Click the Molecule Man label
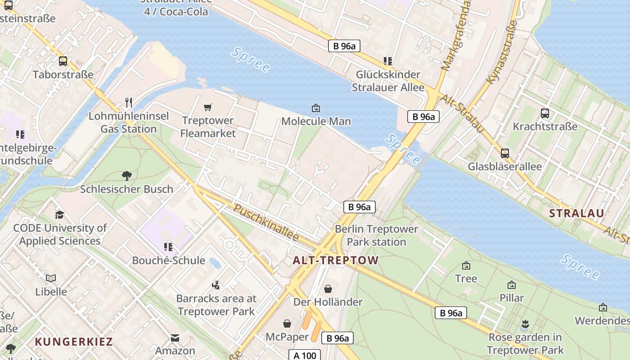point(316,121)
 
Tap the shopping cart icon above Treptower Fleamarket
point(207,107)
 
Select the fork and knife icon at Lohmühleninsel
point(129,103)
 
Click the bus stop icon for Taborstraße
point(63,61)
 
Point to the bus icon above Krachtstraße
point(545,113)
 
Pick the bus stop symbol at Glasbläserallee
point(505,153)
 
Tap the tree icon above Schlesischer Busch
point(126,175)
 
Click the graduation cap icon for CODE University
point(59,214)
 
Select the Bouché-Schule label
point(168,260)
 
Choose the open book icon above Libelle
point(51,278)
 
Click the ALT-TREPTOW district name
point(336,260)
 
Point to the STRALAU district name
point(577,213)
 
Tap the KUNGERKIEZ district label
point(74,341)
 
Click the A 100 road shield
point(305,355)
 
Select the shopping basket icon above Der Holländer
point(328,288)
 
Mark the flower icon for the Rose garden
point(525,324)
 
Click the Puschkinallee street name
point(266,223)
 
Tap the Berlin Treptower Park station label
point(370,235)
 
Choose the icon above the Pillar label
point(511,285)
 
